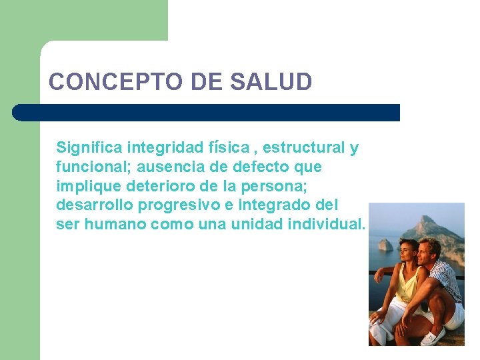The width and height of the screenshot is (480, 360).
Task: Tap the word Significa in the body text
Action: click(x=89, y=147)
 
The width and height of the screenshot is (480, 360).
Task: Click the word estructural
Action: click(x=307, y=147)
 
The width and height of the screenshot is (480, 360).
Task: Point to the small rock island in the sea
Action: click(x=385, y=244)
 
